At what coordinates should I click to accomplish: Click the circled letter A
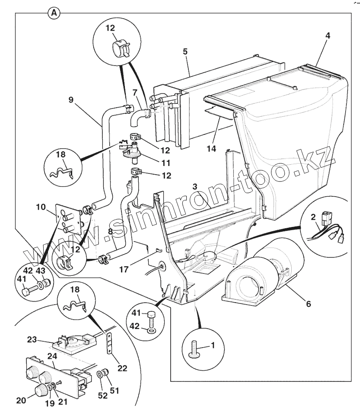[x=54, y=13]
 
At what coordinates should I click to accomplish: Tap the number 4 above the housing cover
[x=328, y=36]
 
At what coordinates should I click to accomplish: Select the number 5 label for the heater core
[x=185, y=51]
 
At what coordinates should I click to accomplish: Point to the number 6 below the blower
[x=308, y=303]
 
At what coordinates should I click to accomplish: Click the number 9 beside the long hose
[x=71, y=100]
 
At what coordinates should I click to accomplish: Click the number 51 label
[x=114, y=390]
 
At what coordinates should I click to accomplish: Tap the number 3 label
[x=195, y=186]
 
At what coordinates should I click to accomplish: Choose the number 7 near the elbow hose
[x=134, y=93]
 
